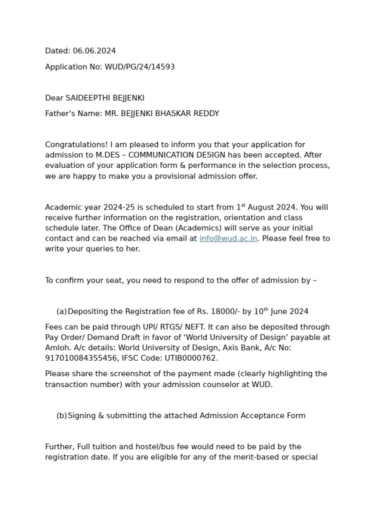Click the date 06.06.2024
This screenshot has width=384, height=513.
[x=94, y=51]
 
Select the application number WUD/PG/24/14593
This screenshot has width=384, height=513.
[x=139, y=67]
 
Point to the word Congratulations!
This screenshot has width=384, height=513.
[x=76, y=145]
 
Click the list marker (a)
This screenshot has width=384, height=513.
[x=61, y=312]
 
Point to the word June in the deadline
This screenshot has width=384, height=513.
[x=279, y=312]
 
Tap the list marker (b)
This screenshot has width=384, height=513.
[x=61, y=416]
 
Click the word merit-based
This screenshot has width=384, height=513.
[x=239, y=457]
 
